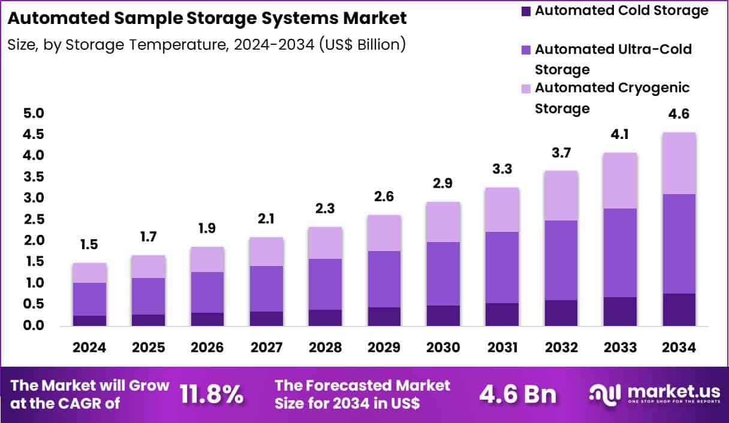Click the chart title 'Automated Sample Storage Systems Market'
207,18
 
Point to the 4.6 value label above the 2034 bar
679,114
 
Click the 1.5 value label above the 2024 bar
89,244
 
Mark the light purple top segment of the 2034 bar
679,163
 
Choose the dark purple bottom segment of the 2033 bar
620,311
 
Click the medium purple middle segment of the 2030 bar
444,274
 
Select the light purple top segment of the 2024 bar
89,273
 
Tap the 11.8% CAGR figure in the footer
212,394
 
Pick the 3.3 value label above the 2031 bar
502,170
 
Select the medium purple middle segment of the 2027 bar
267,289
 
